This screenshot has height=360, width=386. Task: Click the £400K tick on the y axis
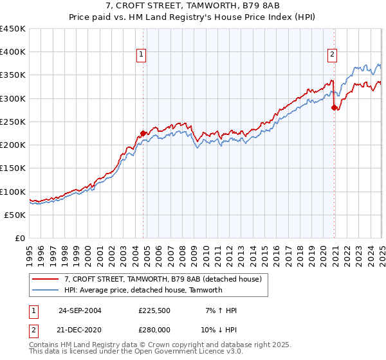click(x=13, y=52)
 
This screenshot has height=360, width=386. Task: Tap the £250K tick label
click(x=13, y=122)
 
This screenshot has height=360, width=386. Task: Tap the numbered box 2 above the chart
click(x=333, y=55)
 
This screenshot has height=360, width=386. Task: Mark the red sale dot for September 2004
click(x=143, y=133)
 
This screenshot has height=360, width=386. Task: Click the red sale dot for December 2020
click(x=334, y=108)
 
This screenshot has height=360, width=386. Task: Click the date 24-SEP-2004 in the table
click(x=80, y=310)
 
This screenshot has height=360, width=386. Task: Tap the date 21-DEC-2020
click(x=80, y=328)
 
